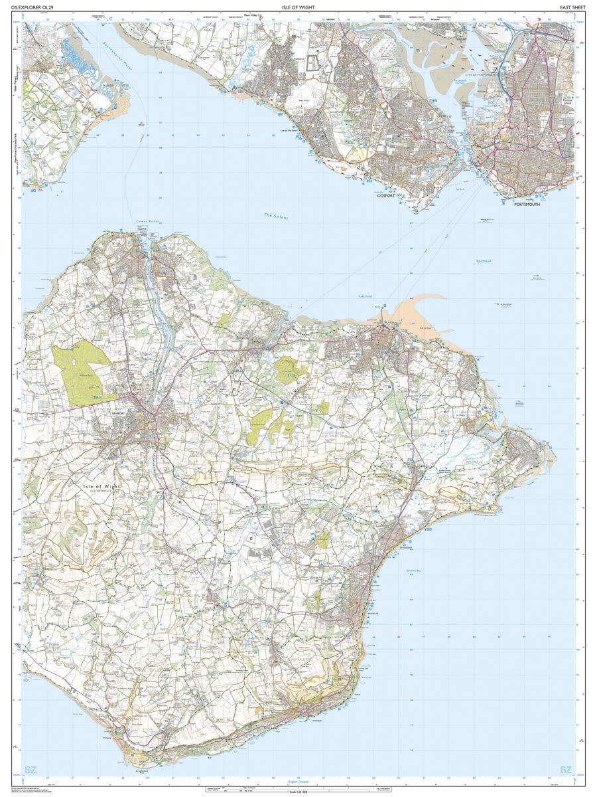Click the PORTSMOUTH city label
[527, 204]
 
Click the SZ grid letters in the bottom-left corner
[30, 770]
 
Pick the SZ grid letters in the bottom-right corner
[565, 770]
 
